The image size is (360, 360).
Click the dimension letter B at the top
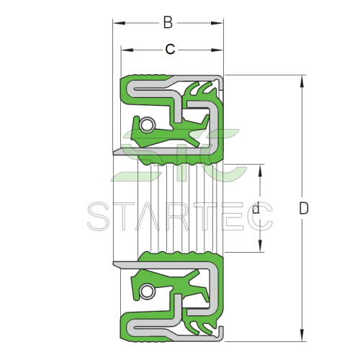(x=168, y=22)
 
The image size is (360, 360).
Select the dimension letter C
(x=170, y=49)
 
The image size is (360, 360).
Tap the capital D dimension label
(x=304, y=208)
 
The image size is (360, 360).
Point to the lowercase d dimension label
(x=256, y=208)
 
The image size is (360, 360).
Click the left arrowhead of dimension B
(x=120, y=23)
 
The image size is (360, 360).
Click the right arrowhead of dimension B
(x=217, y=23)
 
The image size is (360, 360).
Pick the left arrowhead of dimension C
(x=127, y=50)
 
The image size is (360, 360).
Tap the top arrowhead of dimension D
(x=302, y=81)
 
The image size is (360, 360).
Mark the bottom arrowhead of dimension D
(x=302, y=335)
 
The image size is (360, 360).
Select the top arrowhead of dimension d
(x=260, y=171)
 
